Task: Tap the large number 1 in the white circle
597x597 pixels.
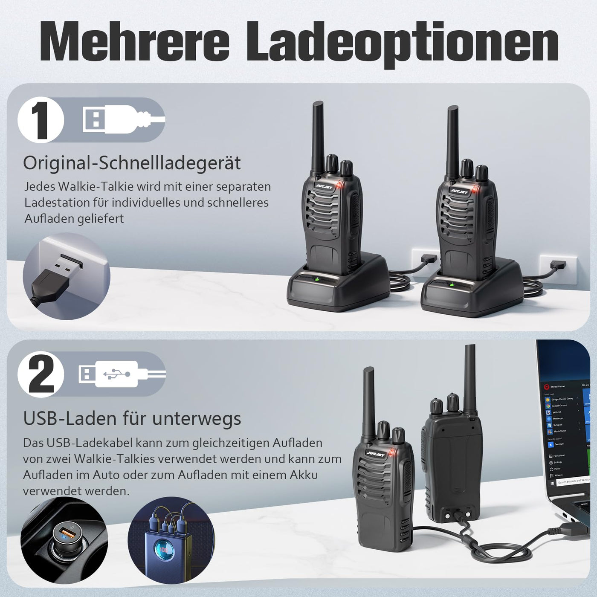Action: tap(41, 120)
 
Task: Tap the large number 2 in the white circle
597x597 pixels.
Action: tap(41, 374)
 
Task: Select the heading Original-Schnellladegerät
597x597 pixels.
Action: tap(132, 163)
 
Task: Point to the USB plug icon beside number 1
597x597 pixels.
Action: tap(123, 119)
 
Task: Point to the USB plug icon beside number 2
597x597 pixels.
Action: tap(122, 374)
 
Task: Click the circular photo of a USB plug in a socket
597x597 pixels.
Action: tap(67, 276)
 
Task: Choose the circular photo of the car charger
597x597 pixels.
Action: tap(64, 540)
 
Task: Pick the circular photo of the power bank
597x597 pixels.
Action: tap(171, 540)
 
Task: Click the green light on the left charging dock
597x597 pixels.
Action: tap(317, 280)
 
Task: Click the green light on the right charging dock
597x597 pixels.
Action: tap(451, 284)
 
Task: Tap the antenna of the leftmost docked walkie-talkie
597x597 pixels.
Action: tap(318, 136)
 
